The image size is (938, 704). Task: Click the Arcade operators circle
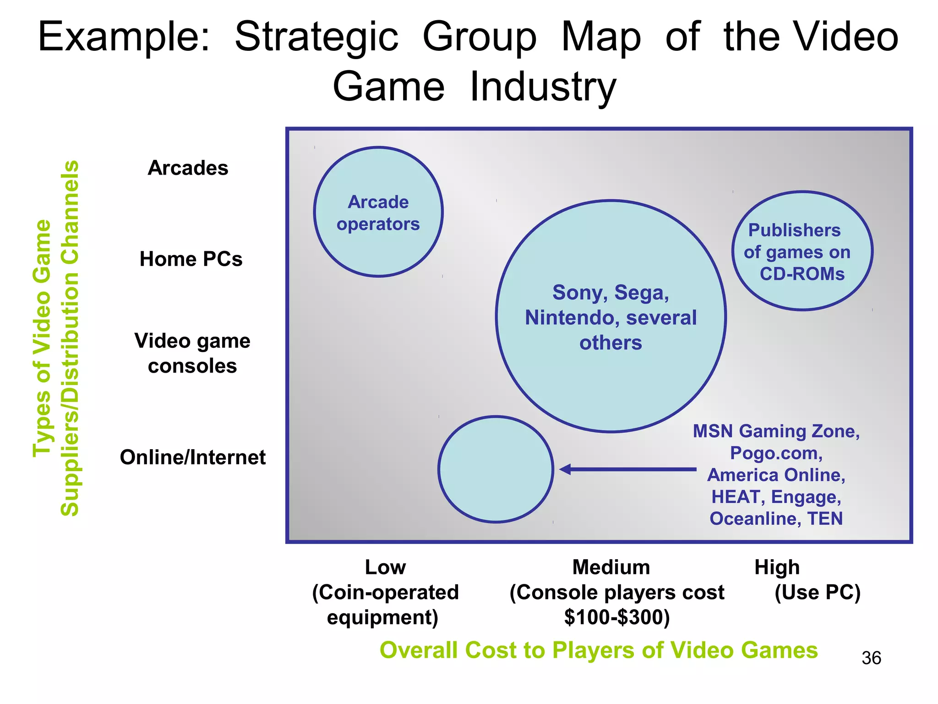tap(378, 212)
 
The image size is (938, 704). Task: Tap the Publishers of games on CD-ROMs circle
tap(802, 251)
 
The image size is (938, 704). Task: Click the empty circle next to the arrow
tap(496, 469)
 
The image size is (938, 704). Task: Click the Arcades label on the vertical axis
tap(188, 168)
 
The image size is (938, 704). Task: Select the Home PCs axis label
tap(191, 259)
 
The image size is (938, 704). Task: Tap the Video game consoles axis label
tap(192, 353)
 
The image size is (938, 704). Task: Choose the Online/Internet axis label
tap(192, 457)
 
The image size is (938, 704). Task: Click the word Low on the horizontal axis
tap(385, 567)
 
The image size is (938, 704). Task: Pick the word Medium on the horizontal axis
tap(611, 567)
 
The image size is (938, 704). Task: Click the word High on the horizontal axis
tap(777, 567)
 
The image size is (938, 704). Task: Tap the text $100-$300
tap(617, 617)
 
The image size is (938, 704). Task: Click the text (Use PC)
tap(818, 592)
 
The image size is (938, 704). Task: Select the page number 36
tap(871, 658)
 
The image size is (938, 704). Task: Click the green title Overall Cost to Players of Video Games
tap(599, 650)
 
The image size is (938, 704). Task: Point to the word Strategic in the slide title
tap(316, 38)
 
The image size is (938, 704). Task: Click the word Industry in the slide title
tap(543, 87)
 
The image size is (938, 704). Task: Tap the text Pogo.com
tap(776, 453)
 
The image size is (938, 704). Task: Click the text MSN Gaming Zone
tap(776, 431)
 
